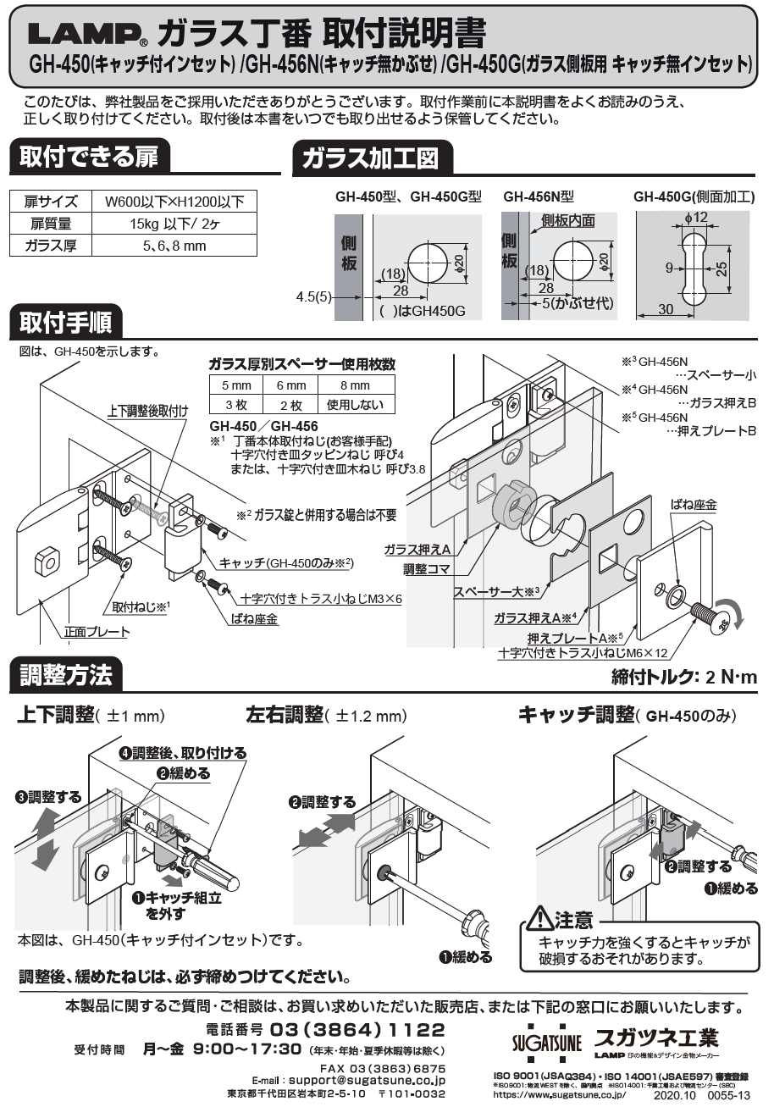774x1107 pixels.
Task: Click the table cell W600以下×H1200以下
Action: (174, 202)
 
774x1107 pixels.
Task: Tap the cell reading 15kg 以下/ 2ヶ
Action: (174, 224)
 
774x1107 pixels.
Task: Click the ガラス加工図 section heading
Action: (371, 158)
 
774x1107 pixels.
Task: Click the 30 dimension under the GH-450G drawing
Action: (666, 311)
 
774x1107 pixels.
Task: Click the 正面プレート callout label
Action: (97, 631)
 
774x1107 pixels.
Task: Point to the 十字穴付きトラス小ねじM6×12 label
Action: (572, 653)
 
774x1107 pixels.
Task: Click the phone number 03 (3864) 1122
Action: (357, 1030)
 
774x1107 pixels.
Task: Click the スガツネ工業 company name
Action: (655, 1038)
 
